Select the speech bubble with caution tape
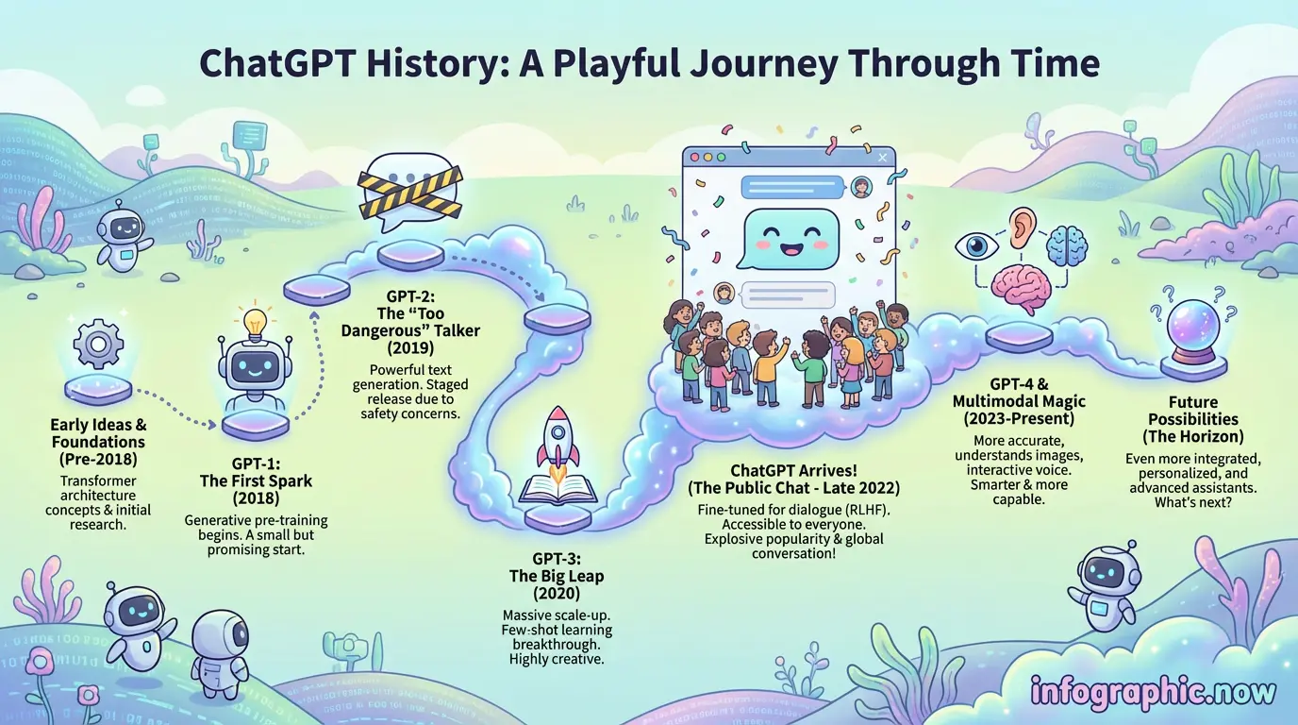pos(412,194)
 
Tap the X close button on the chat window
pos(882,158)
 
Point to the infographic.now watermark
pos(1153,691)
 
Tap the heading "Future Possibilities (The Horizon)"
pos(1192,419)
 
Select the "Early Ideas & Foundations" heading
pos(98,432)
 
